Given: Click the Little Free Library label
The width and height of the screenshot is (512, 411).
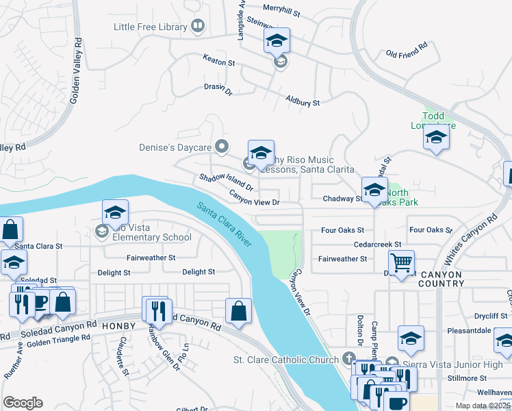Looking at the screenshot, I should (x=151, y=27).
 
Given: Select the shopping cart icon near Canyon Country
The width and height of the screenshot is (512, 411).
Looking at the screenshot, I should (x=401, y=261).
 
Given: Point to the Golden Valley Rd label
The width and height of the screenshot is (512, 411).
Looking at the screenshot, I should (x=76, y=71).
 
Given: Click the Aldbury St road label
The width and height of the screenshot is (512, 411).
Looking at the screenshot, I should (x=303, y=103).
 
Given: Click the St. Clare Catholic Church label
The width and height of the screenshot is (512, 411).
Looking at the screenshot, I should (x=286, y=360).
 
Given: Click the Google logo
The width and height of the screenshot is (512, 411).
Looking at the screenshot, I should (x=23, y=403).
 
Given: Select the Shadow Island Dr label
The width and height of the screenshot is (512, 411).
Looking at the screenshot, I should (x=227, y=182).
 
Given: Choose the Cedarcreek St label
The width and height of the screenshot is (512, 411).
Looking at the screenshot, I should (x=377, y=244).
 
